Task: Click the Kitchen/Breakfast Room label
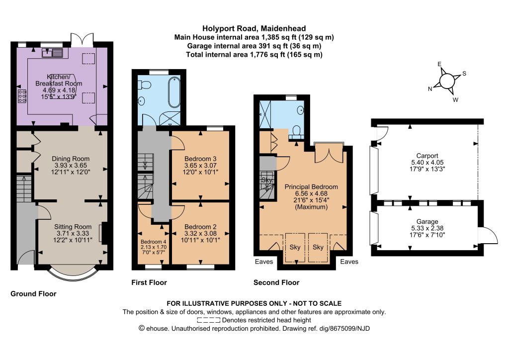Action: click(x=59, y=80)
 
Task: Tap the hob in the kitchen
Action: click(x=22, y=96)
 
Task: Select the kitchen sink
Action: click(x=52, y=52)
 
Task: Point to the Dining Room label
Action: click(x=71, y=159)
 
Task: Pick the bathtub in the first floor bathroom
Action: click(x=174, y=92)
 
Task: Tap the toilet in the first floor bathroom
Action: click(x=145, y=85)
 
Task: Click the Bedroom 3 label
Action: click(x=200, y=159)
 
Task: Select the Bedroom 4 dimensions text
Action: click(x=154, y=249)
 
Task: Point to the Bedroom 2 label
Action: click(x=200, y=227)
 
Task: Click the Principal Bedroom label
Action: click(x=311, y=186)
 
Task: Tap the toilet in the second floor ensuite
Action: click(x=296, y=132)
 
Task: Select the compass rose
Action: click(x=447, y=81)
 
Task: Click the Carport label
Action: click(x=427, y=156)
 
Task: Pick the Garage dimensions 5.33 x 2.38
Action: click(x=427, y=228)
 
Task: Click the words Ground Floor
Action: click(x=33, y=294)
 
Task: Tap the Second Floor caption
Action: click(x=276, y=282)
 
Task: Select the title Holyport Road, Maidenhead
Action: click(x=254, y=28)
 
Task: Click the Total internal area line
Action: click(x=254, y=55)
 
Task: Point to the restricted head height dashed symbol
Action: click(x=208, y=320)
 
